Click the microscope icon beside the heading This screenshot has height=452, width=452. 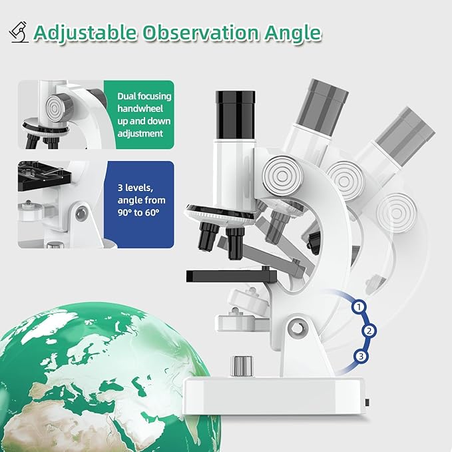pos(19,32)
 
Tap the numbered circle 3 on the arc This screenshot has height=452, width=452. pos(361,356)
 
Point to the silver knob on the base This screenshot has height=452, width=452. pos(240,365)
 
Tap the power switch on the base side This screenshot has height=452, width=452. pos(368,403)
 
